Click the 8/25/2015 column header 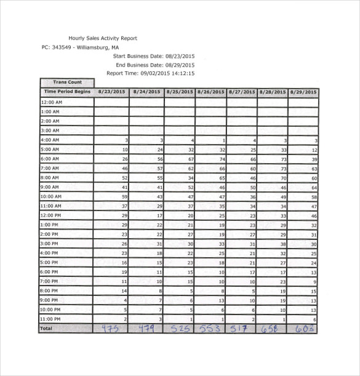[179, 92]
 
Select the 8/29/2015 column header [303, 92]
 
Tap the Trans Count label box [67, 82]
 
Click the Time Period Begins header [66, 92]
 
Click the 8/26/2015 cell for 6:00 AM [210, 159]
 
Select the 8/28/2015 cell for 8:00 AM [273, 177]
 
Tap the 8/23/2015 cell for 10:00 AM [111, 196]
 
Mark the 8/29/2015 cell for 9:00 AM [303, 187]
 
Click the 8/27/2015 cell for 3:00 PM [242, 244]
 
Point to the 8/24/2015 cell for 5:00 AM [146, 150]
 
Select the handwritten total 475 [111, 329]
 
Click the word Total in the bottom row [47, 329]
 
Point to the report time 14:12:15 [182, 73]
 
